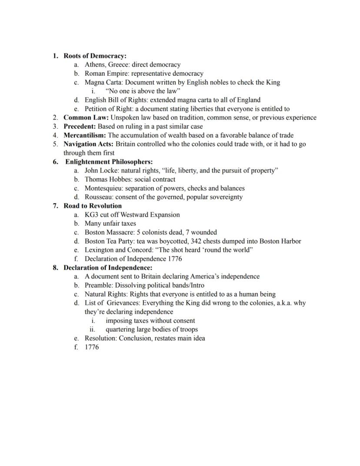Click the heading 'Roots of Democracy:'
click(95, 56)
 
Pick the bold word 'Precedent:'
click(80, 126)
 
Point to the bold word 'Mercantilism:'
click(85, 135)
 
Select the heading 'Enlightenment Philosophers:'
click(109, 162)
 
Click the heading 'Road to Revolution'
click(93, 206)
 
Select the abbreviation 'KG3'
click(91, 215)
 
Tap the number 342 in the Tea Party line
click(196, 241)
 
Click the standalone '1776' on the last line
click(92, 347)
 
